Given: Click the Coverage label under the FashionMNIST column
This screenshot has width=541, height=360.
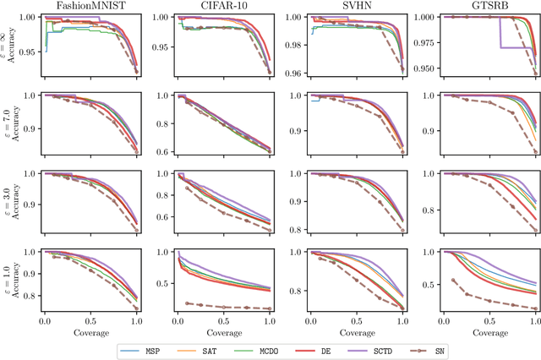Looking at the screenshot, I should [91, 332].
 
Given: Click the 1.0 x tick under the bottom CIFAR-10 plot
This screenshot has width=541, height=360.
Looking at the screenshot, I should [270, 322].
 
